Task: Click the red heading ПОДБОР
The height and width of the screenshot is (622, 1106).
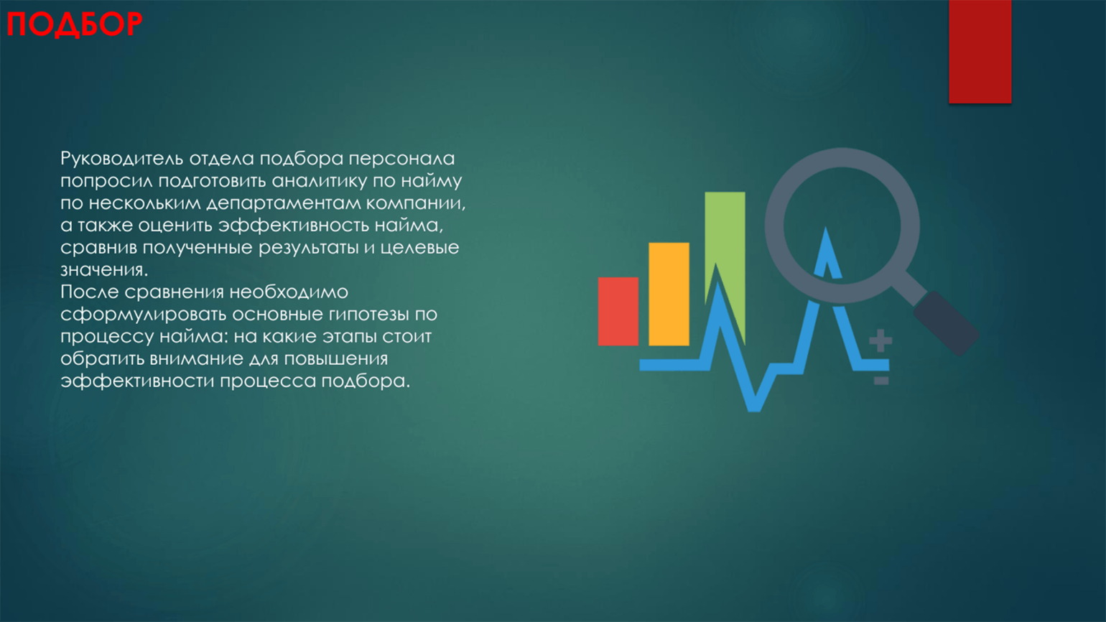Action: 75,24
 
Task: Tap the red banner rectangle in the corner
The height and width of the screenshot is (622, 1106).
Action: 980,51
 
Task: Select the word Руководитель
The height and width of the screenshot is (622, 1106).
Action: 122,159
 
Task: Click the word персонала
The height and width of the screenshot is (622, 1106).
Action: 401,159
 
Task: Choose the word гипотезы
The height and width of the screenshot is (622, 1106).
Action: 368,315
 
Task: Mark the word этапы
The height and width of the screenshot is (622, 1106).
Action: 350,337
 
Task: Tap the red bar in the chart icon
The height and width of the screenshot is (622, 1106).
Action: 618,312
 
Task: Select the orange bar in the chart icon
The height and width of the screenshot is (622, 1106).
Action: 669,294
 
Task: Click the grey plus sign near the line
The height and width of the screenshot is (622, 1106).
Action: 880,340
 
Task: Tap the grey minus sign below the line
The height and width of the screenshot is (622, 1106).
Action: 881,381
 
